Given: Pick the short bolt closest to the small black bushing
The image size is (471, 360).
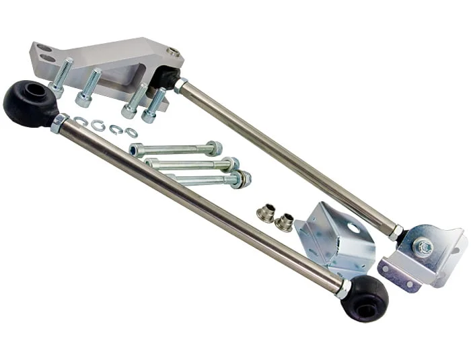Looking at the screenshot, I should [154, 105].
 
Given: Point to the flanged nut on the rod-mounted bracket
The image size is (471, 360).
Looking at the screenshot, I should [423, 248].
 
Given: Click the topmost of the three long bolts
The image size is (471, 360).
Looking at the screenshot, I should [175, 149].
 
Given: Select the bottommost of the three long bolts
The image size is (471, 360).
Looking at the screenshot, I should [209, 180].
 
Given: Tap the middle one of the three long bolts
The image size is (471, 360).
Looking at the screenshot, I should [192, 164].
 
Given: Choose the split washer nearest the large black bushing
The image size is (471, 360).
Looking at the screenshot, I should [81, 121].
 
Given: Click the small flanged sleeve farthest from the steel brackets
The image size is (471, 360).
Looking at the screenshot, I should [266, 214].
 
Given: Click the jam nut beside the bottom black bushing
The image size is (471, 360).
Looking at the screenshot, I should [343, 289].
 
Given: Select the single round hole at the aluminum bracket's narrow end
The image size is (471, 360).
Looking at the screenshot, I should [174, 52].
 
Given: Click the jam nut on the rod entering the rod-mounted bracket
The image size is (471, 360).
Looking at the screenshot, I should [397, 232].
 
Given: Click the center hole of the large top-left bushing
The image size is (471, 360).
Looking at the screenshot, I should [30, 94].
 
